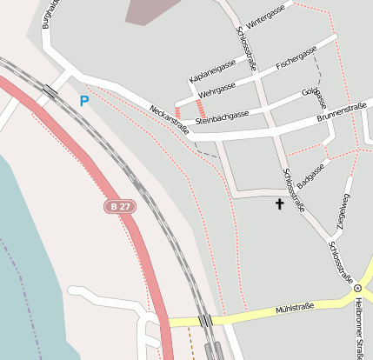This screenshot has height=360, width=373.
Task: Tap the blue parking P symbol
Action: (x=84, y=101)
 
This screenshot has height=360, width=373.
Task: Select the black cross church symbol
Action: (x=280, y=204)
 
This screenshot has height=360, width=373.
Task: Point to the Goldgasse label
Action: (x=314, y=93)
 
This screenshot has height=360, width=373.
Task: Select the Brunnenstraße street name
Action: (x=341, y=110)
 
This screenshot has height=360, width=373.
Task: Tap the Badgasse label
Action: (x=310, y=175)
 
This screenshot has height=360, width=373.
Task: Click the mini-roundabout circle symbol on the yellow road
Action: (x=357, y=287)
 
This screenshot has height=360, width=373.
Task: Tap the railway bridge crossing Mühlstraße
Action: (x=206, y=321)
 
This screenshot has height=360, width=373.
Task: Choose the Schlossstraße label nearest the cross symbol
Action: (x=294, y=189)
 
